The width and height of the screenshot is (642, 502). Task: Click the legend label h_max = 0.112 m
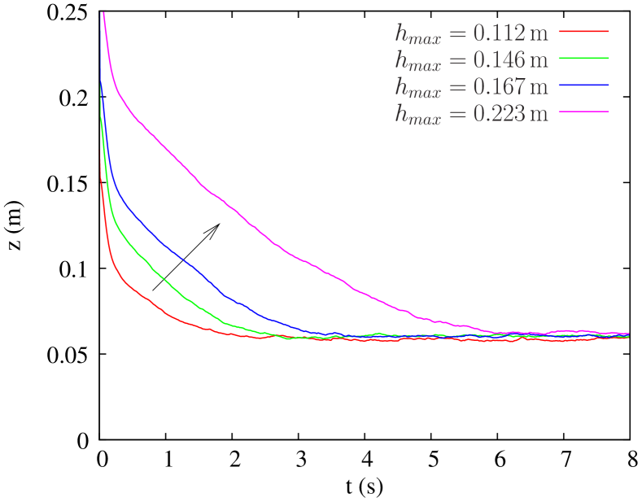pos(471,33)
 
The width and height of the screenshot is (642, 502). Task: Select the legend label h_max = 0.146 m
pos(471,59)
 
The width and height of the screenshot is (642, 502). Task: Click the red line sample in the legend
pos(584,31)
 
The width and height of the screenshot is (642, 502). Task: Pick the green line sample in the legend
pos(584,58)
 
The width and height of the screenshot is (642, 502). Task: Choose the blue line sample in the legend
pos(584,85)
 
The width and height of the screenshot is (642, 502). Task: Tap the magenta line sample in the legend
pos(584,111)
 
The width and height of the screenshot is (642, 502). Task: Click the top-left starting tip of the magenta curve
pos(103,12)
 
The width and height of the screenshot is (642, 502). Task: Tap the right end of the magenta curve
pos(628,333)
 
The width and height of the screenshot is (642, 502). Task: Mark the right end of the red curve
pos(628,338)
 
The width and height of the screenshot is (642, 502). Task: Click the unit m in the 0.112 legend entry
pos(539,33)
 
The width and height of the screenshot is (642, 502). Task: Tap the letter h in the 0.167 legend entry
pos(401,85)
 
